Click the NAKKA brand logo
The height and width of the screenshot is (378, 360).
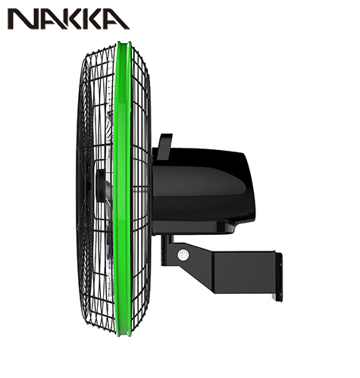68,19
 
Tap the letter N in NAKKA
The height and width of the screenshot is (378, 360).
21,19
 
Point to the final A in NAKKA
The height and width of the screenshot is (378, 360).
117,19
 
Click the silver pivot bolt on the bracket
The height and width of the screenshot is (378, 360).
183,255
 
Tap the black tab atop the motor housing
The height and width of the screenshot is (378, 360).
164,147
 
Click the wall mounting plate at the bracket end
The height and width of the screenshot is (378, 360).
279,276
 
